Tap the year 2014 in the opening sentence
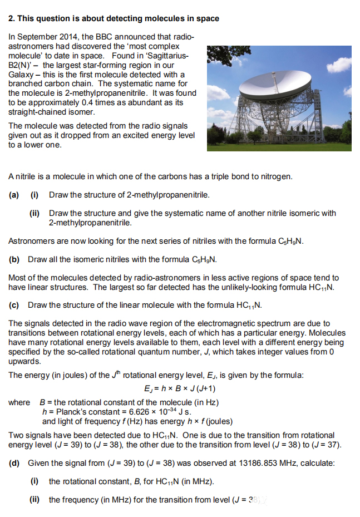63,36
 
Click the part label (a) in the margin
14,195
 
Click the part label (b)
14,259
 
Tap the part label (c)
14,305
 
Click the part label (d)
14,463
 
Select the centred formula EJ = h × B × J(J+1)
180,388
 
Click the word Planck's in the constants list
66,412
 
